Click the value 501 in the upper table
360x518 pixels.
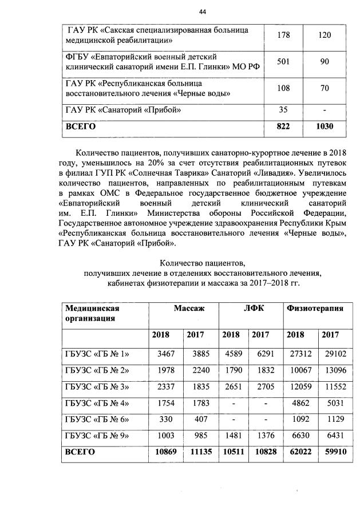pyautogui.click(x=283, y=61)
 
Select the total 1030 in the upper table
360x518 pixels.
pyautogui.click(x=325, y=127)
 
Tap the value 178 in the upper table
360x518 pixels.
pyautogui.click(x=283, y=35)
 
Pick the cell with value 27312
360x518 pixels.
pyautogui.click(x=298, y=355)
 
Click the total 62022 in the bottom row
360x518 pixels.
pyautogui.click(x=298, y=451)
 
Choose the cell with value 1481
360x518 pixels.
pyautogui.click(x=231, y=436)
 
